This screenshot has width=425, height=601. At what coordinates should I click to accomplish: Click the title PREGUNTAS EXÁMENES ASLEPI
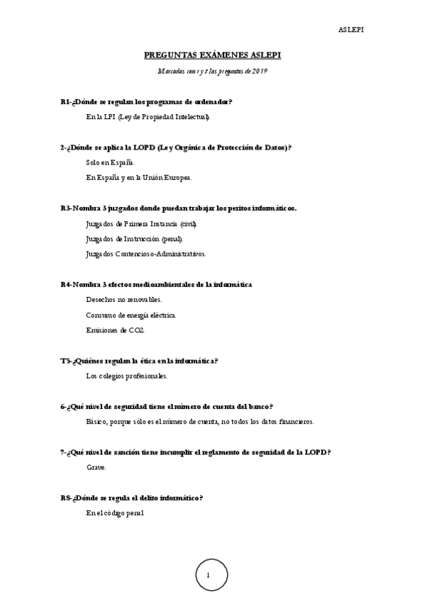pos(213,55)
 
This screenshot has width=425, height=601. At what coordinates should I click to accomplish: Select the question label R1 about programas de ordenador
pos(65,102)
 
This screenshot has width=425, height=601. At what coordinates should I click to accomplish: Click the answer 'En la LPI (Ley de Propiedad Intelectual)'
pos(148,117)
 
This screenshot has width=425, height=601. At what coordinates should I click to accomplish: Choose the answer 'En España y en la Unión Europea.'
pos(138,177)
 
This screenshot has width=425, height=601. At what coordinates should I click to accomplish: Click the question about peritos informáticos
pos(179,208)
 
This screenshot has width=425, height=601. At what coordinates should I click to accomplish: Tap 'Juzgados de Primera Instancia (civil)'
pos(140,223)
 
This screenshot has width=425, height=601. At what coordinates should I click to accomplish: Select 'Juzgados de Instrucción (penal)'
pos(133,239)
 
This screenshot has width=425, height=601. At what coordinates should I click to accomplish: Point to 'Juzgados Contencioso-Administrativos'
pos(145,254)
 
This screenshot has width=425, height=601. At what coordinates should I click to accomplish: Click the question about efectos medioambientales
pos(156,284)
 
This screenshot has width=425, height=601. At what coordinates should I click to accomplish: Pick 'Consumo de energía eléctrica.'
pos(131,315)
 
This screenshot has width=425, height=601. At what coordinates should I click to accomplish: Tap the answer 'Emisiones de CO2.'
pos(114,330)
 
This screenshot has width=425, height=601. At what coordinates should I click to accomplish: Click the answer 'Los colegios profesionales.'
pos(126,376)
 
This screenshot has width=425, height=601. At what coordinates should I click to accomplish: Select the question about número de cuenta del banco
pos(167,406)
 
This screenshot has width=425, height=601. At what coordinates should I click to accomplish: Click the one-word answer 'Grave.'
pos(96,467)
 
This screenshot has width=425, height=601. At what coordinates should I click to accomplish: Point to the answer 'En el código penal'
pos(114,512)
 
